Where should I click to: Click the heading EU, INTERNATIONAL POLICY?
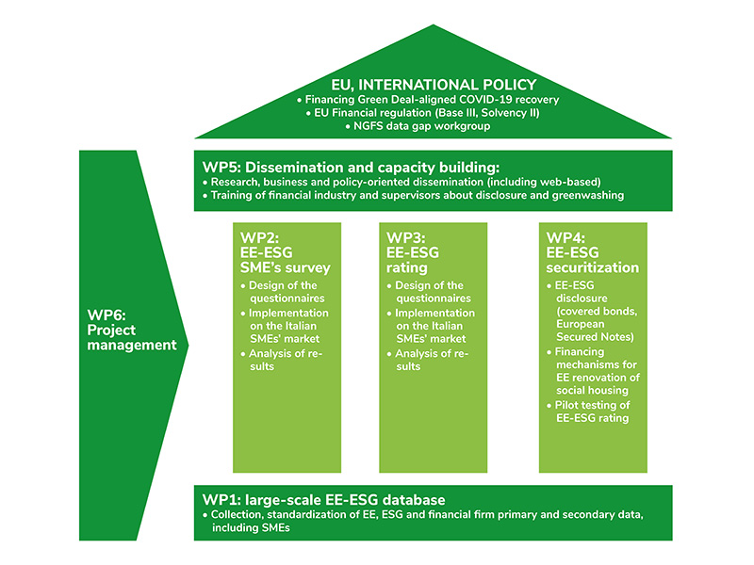coord(434,85)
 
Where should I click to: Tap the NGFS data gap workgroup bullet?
coord(418,126)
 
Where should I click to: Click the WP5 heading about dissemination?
coord(351,168)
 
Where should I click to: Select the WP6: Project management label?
coord(132,331)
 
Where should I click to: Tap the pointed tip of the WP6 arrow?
coord(188,345)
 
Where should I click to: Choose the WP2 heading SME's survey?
coord(286,267)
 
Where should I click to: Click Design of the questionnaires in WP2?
coord(283,292)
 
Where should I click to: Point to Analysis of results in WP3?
coord(428,360)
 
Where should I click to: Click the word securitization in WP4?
coord(593,267)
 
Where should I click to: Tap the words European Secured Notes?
coord(595,331)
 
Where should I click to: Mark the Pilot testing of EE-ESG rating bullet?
coord(588,412)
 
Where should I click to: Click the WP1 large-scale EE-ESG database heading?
coord(323,500)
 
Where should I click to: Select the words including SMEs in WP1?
coord(251,527)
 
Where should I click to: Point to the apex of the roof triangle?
coord(434,24)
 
